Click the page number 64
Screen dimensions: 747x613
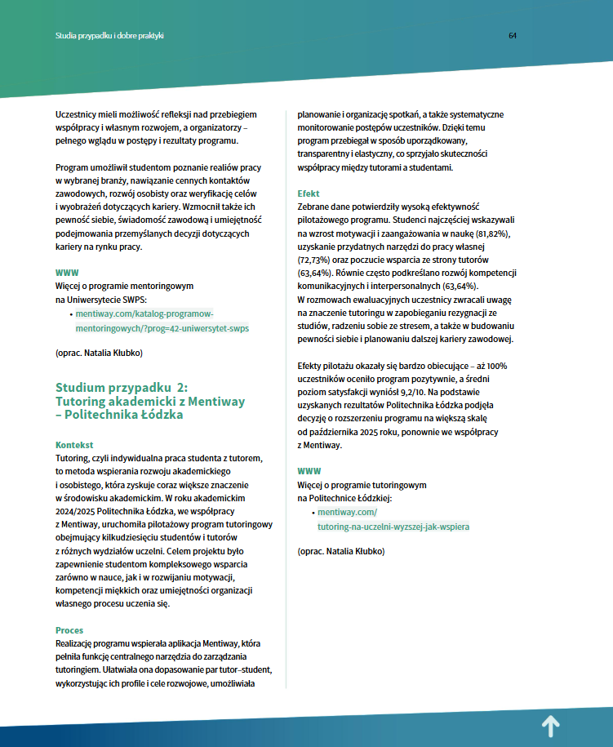[x=513, y=36]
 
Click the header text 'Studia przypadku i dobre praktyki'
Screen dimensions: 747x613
[x=110, y=36]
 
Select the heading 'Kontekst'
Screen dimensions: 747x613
[x=74, y=445]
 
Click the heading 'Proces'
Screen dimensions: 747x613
[x=69, y=630]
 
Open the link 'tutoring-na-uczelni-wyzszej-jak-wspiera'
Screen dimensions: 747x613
[x=393, y=527]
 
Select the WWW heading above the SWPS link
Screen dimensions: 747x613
[x=67, y=273]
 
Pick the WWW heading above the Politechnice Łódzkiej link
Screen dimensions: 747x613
[x=309, y=472]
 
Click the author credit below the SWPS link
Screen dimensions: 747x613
[x=99, y=354]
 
